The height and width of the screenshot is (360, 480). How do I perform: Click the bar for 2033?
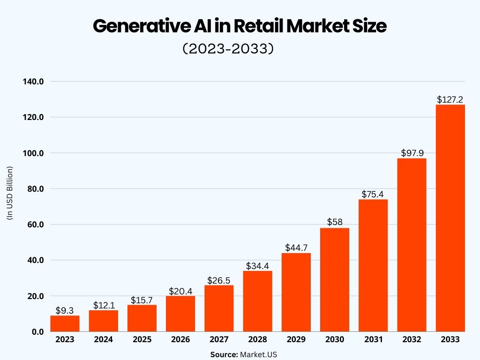pos(450,218)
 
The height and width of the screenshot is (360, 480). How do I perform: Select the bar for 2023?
pos(65,323)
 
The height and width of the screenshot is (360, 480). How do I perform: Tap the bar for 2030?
pos(335,280)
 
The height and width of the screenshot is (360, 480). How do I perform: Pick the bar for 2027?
pos(219,308)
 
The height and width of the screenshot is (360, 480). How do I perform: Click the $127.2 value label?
pos(450,99)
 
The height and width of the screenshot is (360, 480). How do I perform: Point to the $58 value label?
pos(335,222)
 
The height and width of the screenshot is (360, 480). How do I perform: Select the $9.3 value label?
pos(65,310)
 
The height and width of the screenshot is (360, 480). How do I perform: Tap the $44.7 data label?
pos(296,247)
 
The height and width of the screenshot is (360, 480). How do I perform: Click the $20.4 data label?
pos(180,291)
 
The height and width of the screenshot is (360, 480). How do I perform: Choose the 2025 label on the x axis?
pos(142,340)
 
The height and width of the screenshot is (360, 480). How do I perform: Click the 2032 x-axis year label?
pos(412,340)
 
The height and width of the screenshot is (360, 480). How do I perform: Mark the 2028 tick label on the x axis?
pos(257,340)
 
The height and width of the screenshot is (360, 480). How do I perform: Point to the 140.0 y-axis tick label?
pos(33,82)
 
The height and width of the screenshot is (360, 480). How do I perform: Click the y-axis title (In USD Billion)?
pos(9,193)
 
